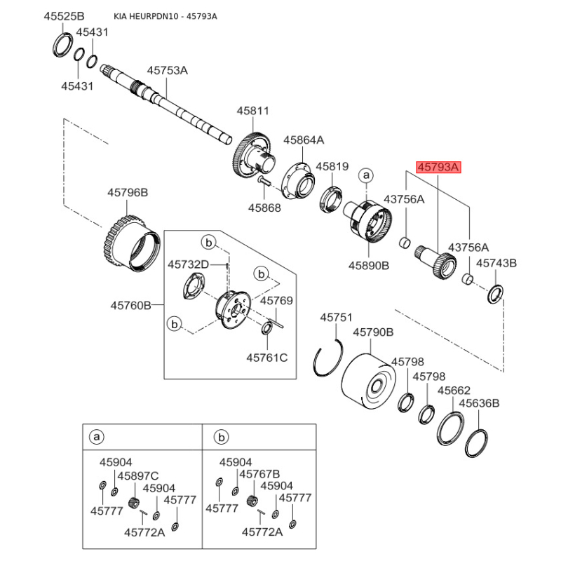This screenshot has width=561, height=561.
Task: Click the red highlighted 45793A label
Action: [438, 168]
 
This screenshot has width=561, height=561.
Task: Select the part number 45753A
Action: [167, 70]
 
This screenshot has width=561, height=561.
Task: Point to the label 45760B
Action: [130, 305]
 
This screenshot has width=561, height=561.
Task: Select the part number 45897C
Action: [137, 475]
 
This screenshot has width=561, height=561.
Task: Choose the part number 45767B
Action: [259, 474]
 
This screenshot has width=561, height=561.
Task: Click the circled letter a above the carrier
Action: [366, 175]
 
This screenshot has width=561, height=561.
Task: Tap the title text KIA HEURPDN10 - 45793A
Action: [165, 16]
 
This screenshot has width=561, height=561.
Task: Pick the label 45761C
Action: [266, 358]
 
